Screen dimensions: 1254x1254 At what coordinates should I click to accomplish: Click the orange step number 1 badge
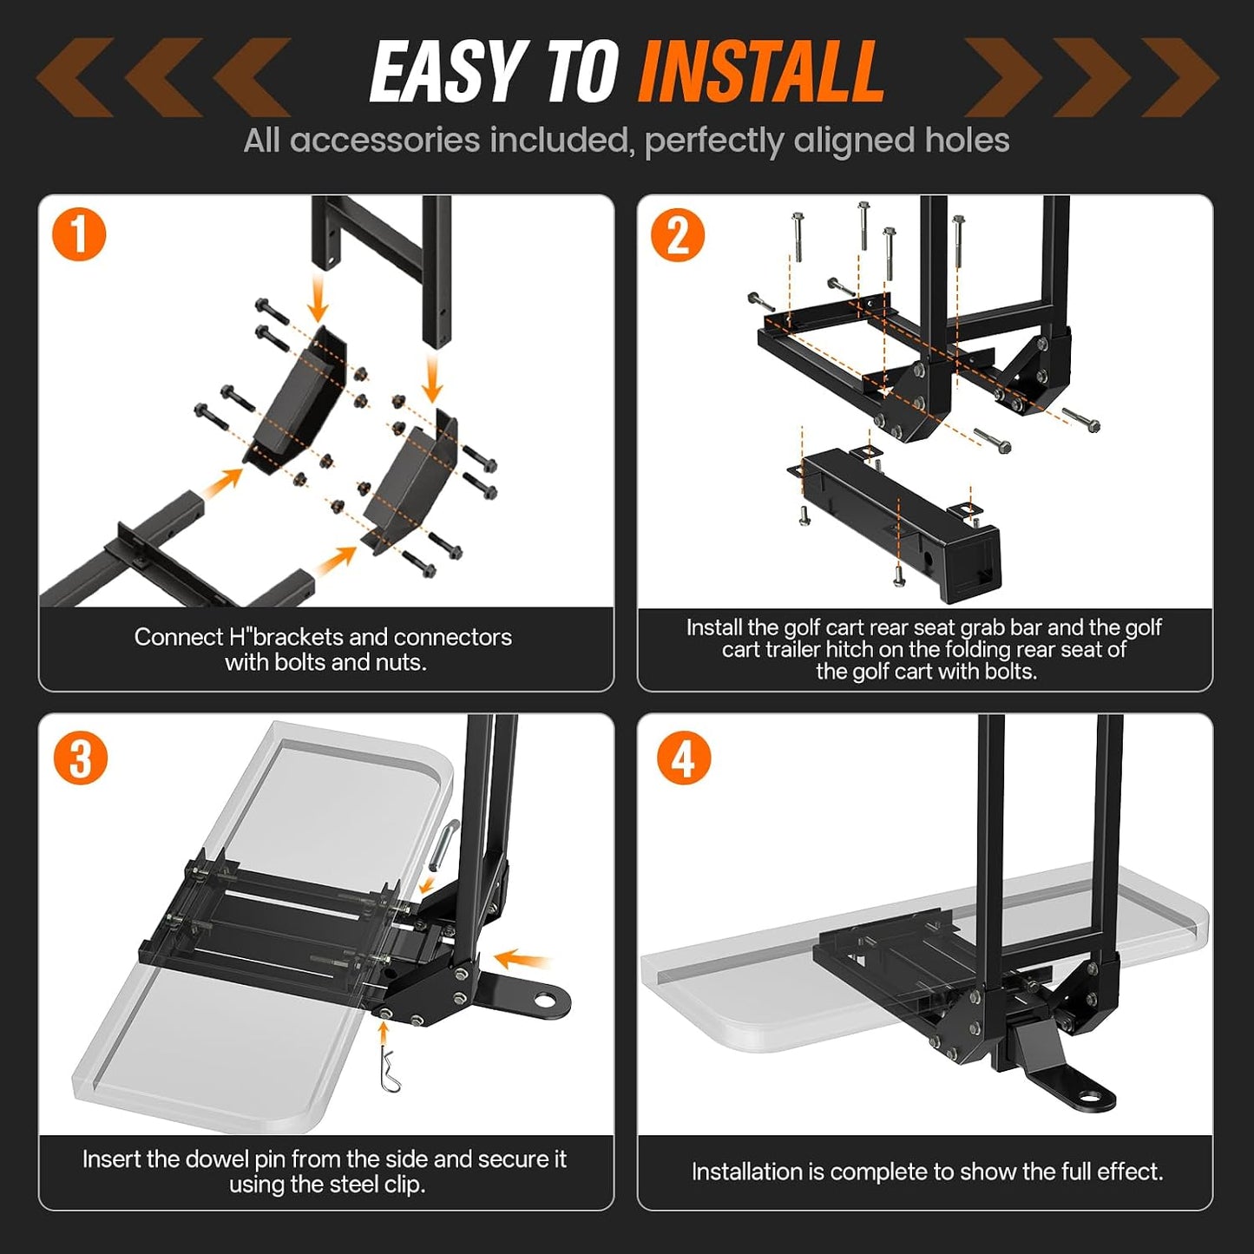(79, 234)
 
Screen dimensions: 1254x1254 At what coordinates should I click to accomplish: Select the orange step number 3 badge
(80, 758)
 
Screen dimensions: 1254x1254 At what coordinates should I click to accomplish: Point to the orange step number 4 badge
(683, 758)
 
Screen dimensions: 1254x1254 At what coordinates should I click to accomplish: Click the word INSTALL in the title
(760, 71)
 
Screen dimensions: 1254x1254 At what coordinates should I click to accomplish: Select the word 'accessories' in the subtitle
(384, 140)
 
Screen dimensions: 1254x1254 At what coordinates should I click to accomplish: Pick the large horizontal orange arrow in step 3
(522, 959)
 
